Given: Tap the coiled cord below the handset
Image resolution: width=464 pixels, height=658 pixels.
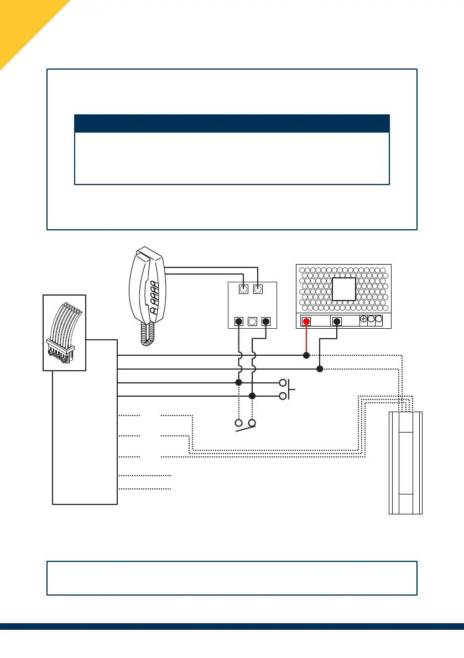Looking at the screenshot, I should tap(148, 334).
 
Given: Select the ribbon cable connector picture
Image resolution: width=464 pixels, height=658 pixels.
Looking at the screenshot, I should tap(65, 332).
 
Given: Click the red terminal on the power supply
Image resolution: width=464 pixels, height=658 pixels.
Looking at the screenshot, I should tap(306, 322).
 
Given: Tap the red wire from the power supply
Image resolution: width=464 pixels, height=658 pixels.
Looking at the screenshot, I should tap(306, 340).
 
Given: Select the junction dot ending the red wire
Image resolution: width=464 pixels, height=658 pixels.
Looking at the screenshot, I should tap(306, 355).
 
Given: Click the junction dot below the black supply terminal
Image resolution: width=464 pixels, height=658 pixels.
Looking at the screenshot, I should tap(320, 369).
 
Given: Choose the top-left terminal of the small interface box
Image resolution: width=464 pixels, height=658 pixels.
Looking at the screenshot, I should tap(243, 288).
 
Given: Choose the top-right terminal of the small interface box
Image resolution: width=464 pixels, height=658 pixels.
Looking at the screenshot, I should tap(257, 288).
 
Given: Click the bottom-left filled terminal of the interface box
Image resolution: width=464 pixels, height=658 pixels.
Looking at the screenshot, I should tap(238, 321).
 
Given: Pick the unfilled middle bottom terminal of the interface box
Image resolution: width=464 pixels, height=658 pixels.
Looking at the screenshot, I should tap(252, 321).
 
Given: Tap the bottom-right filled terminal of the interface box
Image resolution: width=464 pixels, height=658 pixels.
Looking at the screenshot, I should tap(266, 321).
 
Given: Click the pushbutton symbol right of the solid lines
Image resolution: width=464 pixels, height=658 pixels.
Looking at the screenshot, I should tap(288, 389).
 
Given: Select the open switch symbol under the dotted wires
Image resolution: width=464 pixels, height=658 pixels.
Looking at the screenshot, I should tap(246, 425).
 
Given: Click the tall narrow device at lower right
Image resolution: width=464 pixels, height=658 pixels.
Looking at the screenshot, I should tap(406, 463).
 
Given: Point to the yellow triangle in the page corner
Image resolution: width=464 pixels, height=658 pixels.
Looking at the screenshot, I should tap(22, 22).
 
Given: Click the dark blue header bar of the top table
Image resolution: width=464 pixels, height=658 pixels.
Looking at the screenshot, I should tap(232, 123).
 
